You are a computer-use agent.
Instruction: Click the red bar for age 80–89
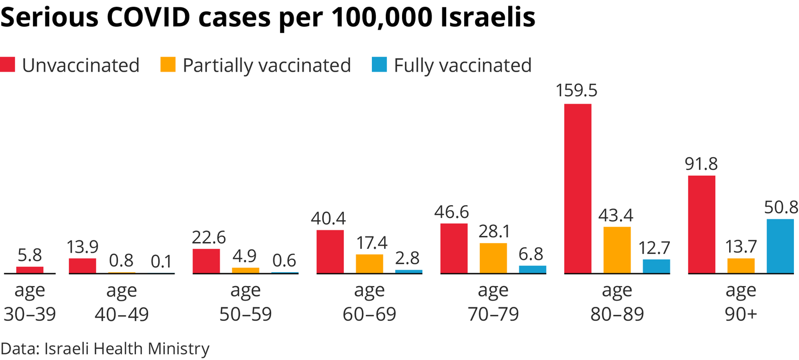click(x=578, y=188)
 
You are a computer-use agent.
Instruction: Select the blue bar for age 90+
click(x=780, y=246)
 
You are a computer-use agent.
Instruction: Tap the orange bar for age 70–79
click(x=493, y=258)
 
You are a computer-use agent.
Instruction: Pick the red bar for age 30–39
click(x=30, y=270)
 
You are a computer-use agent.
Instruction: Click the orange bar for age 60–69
click(x=370, y=264)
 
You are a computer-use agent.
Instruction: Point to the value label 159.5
click(x=578, y=91)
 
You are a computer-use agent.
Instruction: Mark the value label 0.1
click(x=162, y=261)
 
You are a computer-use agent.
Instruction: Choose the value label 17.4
click(x=370, y=243)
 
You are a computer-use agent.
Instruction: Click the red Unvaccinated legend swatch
click(x=7, y=65)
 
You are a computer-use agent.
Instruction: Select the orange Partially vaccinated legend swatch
click(x=168, y=65)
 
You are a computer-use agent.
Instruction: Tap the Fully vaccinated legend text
click(x=462, y=65)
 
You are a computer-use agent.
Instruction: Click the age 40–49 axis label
click(x=121, y=302)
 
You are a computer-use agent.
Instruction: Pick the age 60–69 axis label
click(x=369, y=302)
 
